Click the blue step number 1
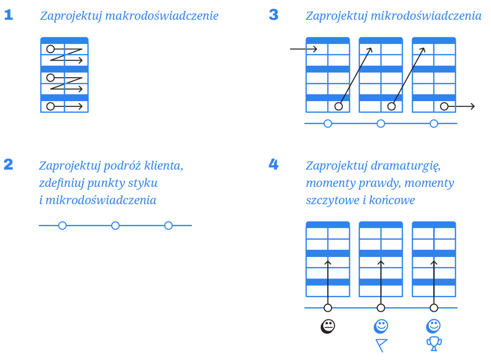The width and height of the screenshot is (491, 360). [9, 15]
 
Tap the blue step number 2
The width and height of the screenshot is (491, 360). [9, 165]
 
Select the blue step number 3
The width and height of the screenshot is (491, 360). [273, 15]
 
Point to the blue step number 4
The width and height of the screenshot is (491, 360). [273, 165]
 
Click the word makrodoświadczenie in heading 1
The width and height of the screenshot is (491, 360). [162, 16]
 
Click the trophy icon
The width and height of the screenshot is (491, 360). [434, 343]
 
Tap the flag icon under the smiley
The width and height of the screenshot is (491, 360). [381, 345]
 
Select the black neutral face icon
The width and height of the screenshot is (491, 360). [328, 326]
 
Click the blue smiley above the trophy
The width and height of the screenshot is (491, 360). [434, 326]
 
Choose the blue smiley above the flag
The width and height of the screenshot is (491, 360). [381, 326]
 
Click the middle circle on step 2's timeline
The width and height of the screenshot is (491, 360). [115, 225]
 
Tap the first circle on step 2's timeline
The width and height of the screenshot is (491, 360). [62, 225]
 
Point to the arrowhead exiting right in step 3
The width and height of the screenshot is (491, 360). [472, 106]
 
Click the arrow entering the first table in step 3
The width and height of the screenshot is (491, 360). [304, 49]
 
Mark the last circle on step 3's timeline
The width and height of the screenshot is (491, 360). [434, 124]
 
